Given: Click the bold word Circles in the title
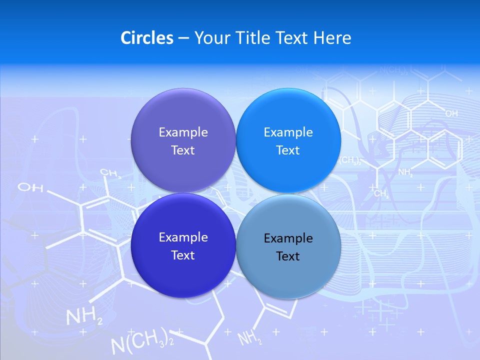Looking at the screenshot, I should (147, 38).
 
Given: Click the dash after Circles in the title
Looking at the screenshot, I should (183, 38).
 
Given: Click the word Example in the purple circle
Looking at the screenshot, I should (183, 132).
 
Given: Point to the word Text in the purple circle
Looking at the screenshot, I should (183, 150).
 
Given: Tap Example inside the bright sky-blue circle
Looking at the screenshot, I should (288, 132).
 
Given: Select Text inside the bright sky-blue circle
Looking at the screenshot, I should (288, 150).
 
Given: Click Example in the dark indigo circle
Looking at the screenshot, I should (183, 237).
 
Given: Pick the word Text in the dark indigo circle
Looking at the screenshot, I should (183, 255).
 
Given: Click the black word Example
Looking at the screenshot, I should (288, 238).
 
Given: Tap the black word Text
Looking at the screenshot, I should (288, 256).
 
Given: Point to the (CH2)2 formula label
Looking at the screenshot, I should (350, 160).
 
